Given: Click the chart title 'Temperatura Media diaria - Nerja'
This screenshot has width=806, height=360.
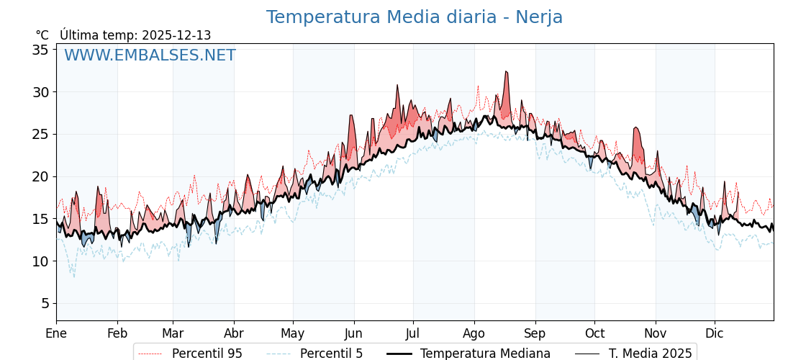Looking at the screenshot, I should tap(414, 17).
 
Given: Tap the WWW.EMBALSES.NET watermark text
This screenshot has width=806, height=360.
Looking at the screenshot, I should tap(150, 55).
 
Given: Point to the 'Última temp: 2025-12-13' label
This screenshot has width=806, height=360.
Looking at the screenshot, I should tap(135, 35).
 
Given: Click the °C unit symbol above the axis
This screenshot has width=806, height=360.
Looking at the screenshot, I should tap(42, 35).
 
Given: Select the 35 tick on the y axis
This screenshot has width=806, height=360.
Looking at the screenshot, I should tap(40, 50).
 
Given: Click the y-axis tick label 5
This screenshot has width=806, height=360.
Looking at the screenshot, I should tap(45, 303).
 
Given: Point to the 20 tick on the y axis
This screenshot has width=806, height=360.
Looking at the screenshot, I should tap(40, 176).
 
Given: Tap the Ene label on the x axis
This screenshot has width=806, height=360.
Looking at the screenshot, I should tap(56, 333).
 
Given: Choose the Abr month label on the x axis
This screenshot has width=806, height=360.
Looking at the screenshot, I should tap(234, 333).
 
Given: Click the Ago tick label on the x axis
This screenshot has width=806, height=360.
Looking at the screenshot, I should tap(474, 333).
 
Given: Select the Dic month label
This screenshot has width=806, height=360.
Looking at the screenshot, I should tap(715, 333).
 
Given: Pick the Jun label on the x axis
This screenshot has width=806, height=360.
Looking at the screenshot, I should tap(353, 333).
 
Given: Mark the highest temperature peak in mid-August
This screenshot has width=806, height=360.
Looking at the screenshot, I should tap(506, 72).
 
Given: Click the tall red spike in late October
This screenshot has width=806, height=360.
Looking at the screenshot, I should tap(635, 128).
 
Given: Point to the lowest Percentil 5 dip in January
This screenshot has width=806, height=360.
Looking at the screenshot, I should tap(73, 276).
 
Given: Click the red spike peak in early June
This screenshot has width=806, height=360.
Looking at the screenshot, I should tap(351, 116).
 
